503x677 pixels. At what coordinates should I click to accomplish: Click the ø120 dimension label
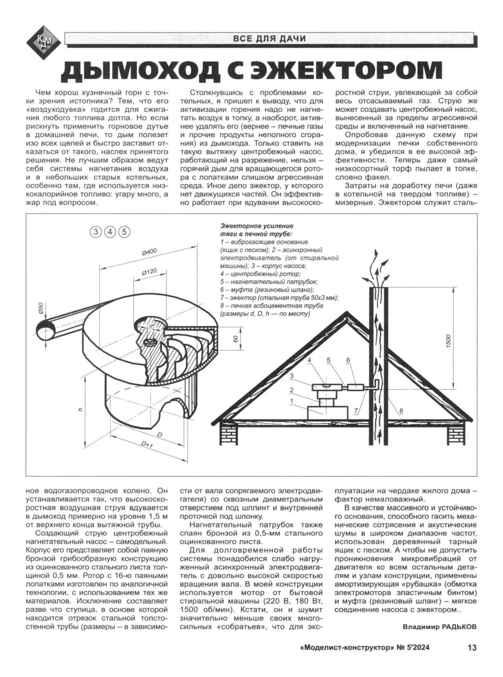[149, 273]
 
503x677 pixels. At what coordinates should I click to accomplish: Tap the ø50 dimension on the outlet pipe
[40, 308]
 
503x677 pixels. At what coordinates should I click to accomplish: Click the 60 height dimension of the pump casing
[236, 338]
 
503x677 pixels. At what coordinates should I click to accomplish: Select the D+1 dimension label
[147, 445]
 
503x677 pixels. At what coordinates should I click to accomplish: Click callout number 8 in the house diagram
[401, 410]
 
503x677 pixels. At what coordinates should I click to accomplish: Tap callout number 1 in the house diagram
[292, 400]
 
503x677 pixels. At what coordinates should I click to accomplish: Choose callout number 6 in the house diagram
[348, 360]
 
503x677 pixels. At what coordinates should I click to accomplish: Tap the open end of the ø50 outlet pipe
[45, 329]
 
